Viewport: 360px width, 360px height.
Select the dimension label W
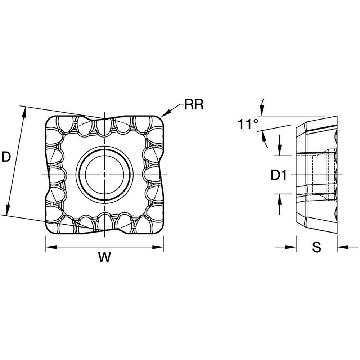pyautogui.click(x=104, y=258)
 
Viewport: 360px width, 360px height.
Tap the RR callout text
pyautogui.click(x=194, y=105)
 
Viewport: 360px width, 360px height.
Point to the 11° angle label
pyautogui.click(x=248, y=125)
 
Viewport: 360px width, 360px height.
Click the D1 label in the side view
pyautogui.click(x=278, y=175)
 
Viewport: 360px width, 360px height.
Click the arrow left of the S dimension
pyautogui.click(x=292, y=247)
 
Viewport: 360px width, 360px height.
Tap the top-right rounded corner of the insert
pyautogui.click(x=159, y=121)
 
